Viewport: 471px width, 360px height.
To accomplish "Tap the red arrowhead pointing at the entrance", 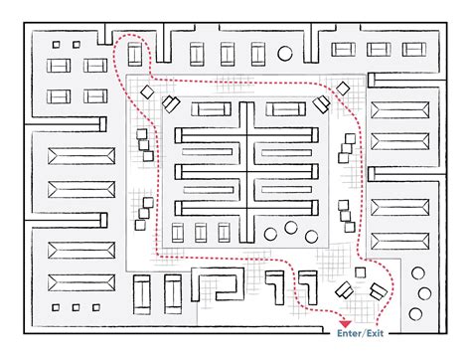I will point(345,324).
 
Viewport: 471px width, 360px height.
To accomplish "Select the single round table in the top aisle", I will point(286,50).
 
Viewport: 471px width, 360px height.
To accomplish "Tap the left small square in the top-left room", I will point(57,44).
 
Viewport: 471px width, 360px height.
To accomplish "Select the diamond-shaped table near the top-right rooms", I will point(320,102).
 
